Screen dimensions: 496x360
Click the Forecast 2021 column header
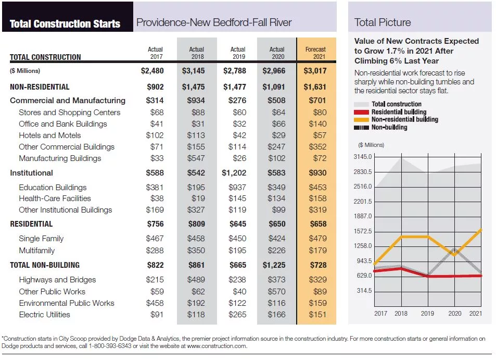tap(315, 53)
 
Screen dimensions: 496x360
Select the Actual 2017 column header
tap(155, 53)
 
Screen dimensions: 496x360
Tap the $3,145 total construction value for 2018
tap(193, 71)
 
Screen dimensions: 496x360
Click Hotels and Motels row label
tap(49, 135)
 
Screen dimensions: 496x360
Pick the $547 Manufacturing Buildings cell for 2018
tap(196, 158)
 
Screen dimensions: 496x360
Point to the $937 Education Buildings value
tap(237, 188)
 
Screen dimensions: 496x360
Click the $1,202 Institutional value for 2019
tap(234, 173)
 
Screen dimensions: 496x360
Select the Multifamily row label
tap(37, 251)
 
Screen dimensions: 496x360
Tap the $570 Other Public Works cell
tap(276, 292)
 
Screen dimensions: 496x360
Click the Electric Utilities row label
tap(45, 315)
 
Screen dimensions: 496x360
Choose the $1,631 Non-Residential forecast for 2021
tap(315, 87)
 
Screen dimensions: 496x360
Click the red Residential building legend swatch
tap(361, 112)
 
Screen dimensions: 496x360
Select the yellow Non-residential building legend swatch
tap(361, 120)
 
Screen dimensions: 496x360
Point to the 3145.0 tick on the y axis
tap(363, 157)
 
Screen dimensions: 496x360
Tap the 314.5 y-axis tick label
tap(364, 291)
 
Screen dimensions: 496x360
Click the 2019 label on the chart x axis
tap(427, 314)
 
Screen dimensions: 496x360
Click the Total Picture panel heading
tap(383, 22)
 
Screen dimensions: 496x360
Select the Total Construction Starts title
tap(65, 24)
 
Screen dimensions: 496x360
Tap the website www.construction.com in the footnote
tap(217, 346)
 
